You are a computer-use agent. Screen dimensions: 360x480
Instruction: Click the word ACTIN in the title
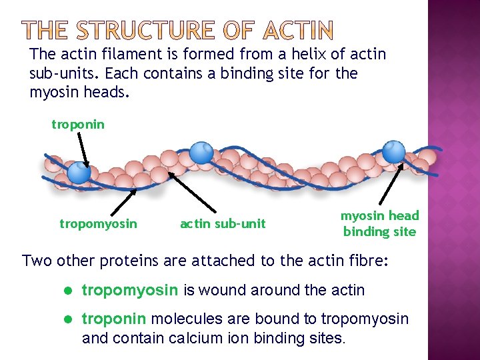[x=298, y=30]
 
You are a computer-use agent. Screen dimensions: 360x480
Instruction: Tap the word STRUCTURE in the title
[x=145, y=30]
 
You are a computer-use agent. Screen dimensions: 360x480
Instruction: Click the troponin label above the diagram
[x=78, y=125]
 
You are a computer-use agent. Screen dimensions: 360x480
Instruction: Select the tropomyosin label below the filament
[x=98, y=224]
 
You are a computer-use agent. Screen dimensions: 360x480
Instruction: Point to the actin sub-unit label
[x=223, y=224]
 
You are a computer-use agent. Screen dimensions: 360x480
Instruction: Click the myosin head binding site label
[x=379, y=223]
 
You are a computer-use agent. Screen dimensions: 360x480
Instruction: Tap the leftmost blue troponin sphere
[x=79, y=173]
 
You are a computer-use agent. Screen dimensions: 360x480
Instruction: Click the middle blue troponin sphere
[x=201, y=153]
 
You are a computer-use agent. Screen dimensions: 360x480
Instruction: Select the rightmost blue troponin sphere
[x=393, y=151]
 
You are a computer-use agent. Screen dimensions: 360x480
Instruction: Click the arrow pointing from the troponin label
[x=82, y=148]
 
